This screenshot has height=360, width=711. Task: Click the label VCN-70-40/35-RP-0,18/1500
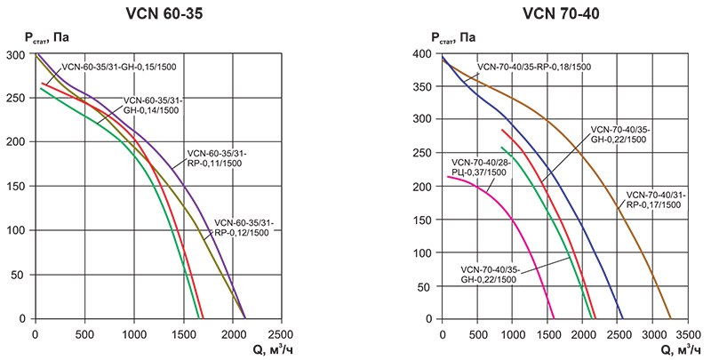coord(533,67)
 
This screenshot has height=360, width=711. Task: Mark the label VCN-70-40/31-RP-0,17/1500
coord(653,200)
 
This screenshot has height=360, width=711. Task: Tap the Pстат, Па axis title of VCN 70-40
coord(453,37)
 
